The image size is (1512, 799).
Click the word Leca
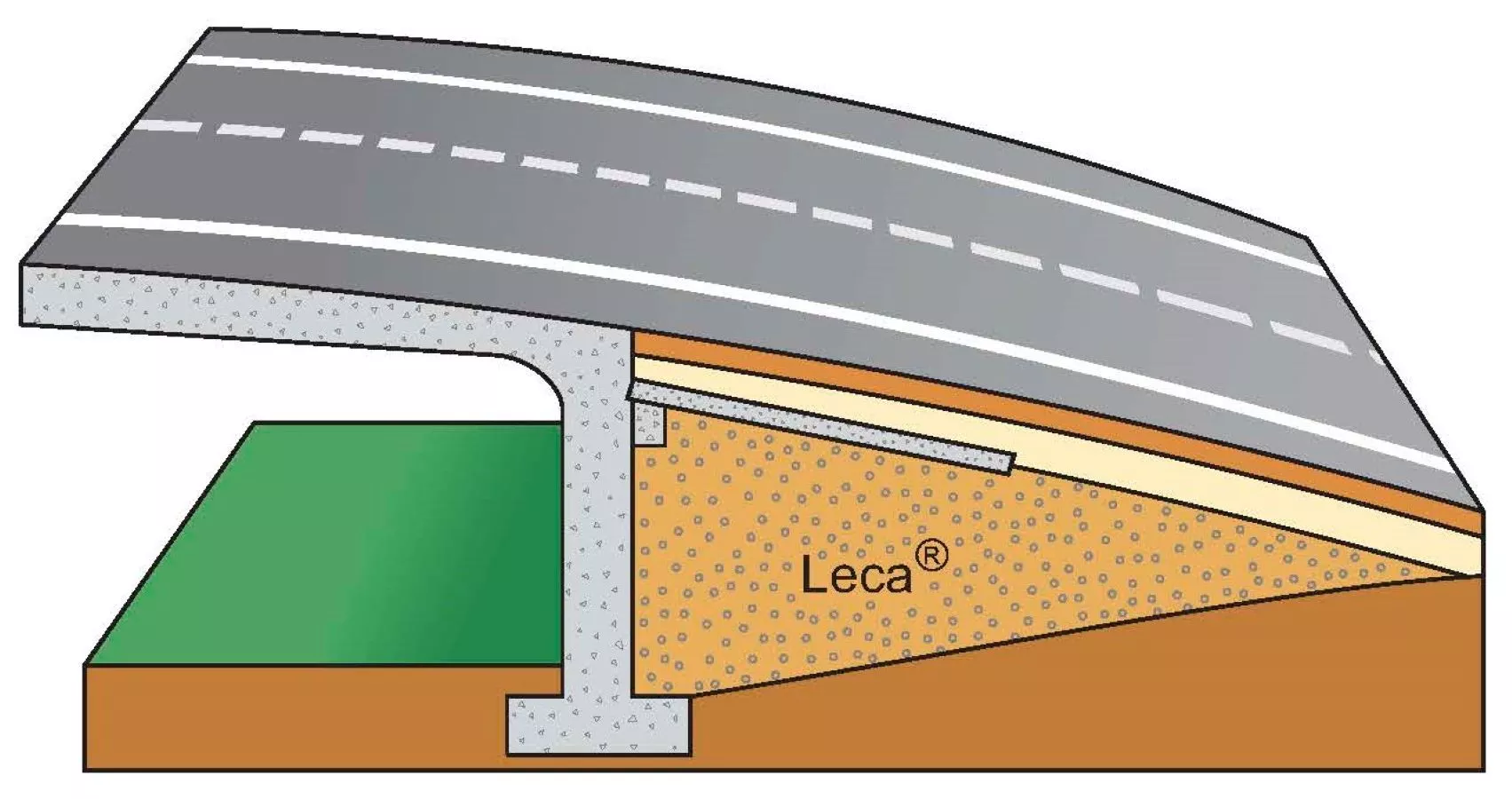click(x=856, y=575)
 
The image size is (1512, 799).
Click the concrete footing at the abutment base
click(x=598, y=725)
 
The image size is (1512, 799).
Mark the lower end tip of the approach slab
click(x=1012, y=464)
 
